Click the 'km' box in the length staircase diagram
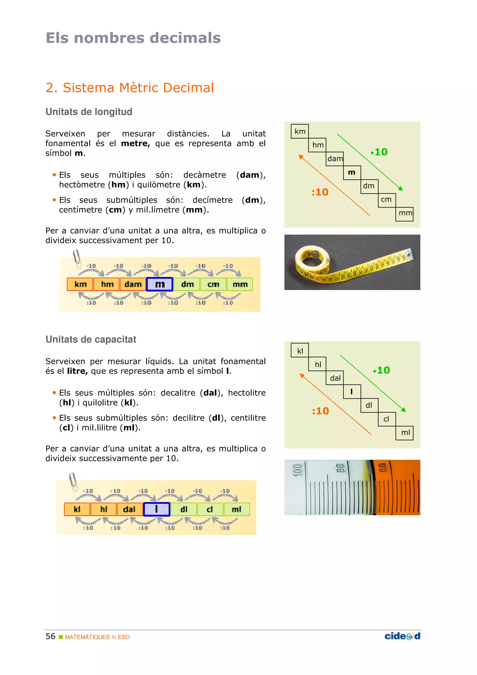pyautogui.click(x=300, y=131)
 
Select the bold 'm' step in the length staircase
pyautogui.click(x=352, y=173)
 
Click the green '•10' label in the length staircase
pyautogui.click(x=379, y=152)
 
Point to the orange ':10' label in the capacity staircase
pyautogui.click(x=320, y=411)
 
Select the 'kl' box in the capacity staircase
pyautogui.click(x=300, y=351)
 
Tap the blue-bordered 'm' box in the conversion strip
pyautogui.click(x=160, y=284)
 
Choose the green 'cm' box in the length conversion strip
pyautogui.click(x=213, y=284)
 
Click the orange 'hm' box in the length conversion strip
pyautogui.click(x=107, y=284)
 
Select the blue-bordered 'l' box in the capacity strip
pyautogui.click(x=156, y=509)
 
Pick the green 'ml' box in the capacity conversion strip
pyautogui.click(x=237, y=509)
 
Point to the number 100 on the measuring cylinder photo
pyautogui.click(x=298, y=470)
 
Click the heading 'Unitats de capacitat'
pyautogui.click(x=91, y=339)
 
